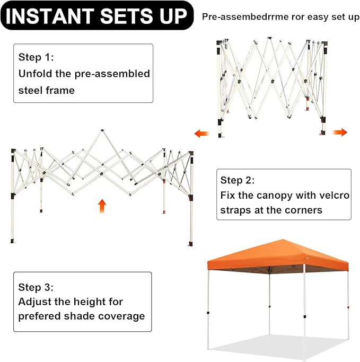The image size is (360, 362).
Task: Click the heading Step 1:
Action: point(36,57)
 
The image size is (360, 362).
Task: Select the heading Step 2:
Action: point(238,180)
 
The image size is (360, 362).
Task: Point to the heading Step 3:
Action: point(36,287)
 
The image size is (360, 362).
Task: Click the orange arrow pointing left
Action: point(201,134)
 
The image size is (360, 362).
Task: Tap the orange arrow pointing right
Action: point(340,133)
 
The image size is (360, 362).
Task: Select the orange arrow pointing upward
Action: point(102,206)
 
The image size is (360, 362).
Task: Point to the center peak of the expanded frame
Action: point(102,131)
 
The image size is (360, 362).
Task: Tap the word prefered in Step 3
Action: point(39,316)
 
